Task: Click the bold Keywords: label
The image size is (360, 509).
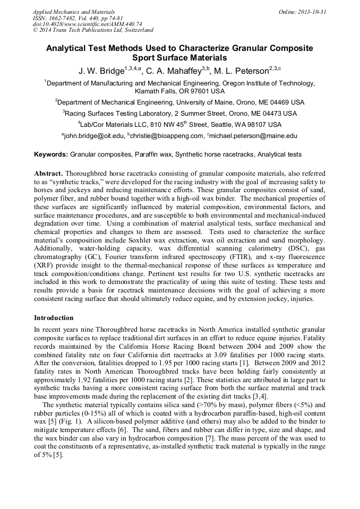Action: click(51, 154)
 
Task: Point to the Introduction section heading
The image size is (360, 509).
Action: click(54, 317)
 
